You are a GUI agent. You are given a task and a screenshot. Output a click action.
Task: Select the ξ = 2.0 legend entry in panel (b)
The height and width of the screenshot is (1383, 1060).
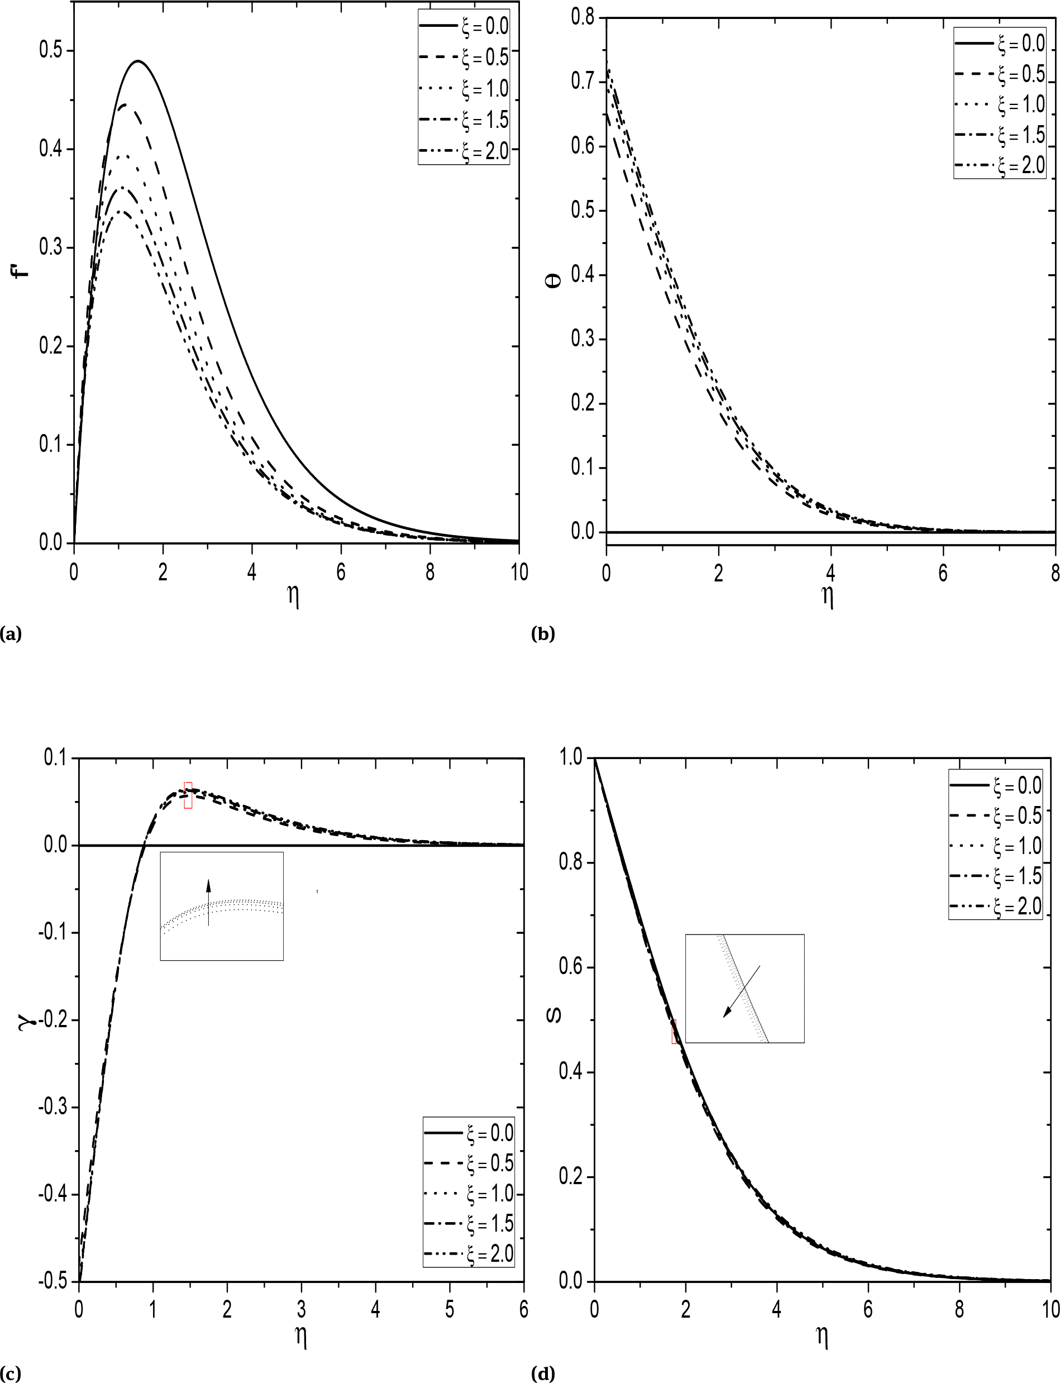click(1000, 165)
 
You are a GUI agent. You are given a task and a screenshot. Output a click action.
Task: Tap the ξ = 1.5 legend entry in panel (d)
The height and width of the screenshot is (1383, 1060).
click(996, 876)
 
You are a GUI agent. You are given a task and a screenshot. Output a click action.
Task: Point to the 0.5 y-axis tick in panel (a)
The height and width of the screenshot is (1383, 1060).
click(51, 50)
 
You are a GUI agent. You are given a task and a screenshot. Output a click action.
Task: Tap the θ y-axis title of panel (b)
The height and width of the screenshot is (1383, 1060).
click(556, 281)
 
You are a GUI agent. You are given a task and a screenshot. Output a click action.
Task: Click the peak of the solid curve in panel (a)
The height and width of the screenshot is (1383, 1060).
click(137, 61)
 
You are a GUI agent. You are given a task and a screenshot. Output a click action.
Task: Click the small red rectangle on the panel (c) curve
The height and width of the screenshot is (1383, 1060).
click(188, 795)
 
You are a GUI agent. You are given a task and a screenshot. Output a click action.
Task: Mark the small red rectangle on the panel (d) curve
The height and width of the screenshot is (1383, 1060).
click(674, 1031)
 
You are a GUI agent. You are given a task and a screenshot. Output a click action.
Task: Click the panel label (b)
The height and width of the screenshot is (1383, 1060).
click(543, 633)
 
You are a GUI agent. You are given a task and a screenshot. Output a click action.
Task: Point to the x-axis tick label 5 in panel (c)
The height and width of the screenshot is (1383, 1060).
click(449, 1310)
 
